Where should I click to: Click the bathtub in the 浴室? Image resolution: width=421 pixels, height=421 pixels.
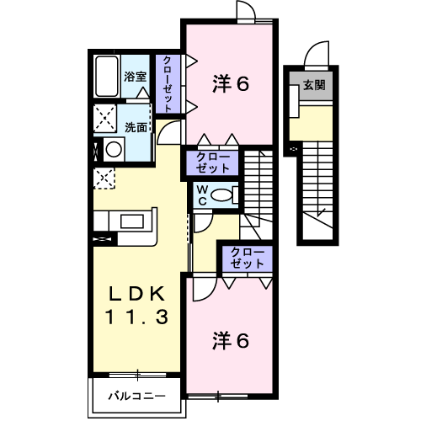(x=107, y=77)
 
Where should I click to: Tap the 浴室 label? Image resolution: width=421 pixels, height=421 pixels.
(x=136, y=77)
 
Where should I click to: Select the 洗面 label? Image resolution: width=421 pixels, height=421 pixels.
(x=136, y=128)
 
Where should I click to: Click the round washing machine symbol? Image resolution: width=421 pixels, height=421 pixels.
(x=114, y=149)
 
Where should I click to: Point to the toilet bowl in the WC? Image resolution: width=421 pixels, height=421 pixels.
(x=221, y=195)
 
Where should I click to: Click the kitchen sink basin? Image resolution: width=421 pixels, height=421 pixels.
(x=132, y=221)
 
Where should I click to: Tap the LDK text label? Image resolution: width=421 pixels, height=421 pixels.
(x=136, y=294)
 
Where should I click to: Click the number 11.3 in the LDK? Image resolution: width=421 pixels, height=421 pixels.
(x=136, y=317)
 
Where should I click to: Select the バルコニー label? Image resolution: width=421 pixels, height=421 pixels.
(x=137, y=397)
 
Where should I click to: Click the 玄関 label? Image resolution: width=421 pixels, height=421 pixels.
(x=314, y=85)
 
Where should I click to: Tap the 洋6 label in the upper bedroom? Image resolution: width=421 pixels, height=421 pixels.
(x=231, y=83)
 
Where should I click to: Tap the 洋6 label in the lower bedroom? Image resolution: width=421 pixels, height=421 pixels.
(x=231, y=341)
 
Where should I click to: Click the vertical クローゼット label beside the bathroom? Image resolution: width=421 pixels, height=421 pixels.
(x=168, y=84)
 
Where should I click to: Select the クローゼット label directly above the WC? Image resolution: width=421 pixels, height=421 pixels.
(x=213, y=163)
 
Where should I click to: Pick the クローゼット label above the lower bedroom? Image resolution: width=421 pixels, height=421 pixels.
(x=248, y=258)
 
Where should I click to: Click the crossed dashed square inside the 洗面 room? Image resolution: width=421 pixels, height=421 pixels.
(x=105, y=118)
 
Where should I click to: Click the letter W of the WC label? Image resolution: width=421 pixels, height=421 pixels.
(x=202, y=190)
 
